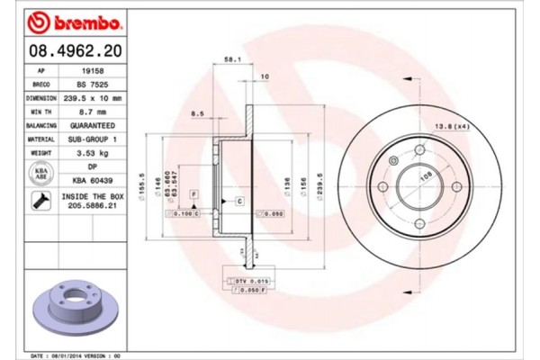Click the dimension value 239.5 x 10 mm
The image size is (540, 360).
pyautogui.click(x=93, y=96)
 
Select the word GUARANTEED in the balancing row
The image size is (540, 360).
pyautogui.click(x=93, y=125)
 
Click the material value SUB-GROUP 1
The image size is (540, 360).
pyautogui.click(x=93, y=139)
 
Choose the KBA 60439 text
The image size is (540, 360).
pyautogui.click(x=93, y=180)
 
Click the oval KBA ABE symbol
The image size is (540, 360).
pyautogui.click(x=40, y=173)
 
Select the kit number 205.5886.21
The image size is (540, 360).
pyautogui.click(x=93, y=205)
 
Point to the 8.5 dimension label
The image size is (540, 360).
pyautogui.click(x=197, y=113)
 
